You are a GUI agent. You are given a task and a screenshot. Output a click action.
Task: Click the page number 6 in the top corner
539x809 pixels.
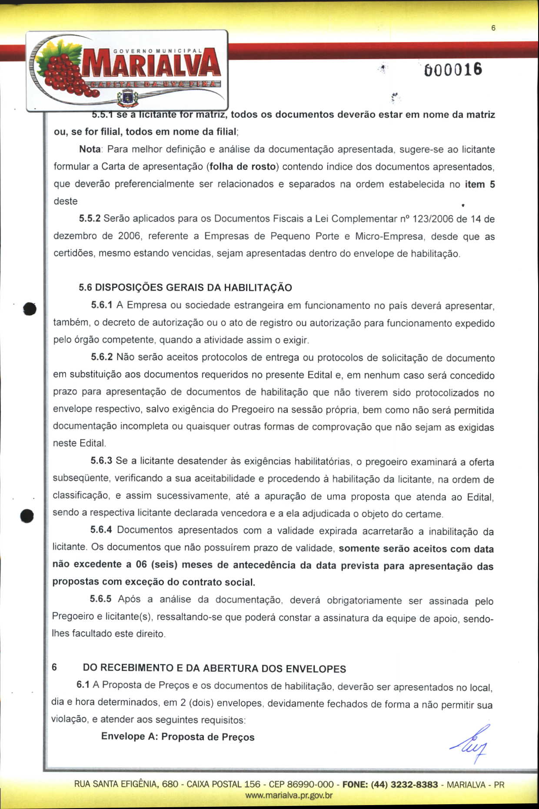point(493,28)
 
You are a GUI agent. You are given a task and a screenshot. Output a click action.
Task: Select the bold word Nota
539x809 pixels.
point(90,149)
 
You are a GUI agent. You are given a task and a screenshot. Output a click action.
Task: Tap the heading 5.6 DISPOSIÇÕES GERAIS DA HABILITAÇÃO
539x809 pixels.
point(185,288)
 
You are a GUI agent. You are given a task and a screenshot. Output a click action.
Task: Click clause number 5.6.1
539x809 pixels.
point(102,305)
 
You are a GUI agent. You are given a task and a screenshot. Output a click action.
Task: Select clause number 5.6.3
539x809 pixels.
point(101,461)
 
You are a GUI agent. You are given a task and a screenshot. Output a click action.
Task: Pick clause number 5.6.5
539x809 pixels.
point(101,599)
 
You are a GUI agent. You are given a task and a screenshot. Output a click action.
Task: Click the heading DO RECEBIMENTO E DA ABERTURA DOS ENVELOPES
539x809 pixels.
point(214,668)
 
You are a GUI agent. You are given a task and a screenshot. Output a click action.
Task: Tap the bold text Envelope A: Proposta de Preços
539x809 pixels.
point(178,736)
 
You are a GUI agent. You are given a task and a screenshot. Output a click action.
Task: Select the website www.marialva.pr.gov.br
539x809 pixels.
point(289,796)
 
